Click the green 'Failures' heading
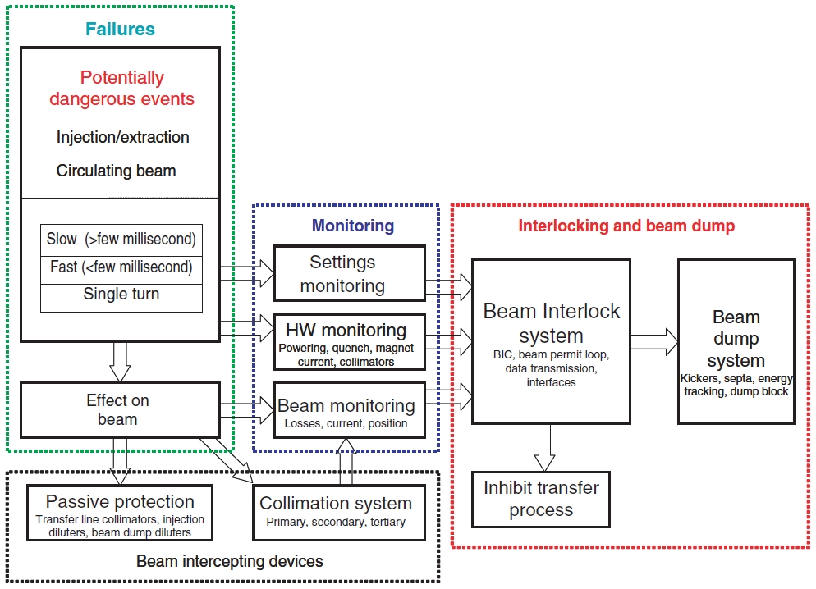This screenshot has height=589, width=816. coord(120,30)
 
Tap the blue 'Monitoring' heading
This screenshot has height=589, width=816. coord(352,225)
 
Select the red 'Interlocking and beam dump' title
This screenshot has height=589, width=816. coord(626,225)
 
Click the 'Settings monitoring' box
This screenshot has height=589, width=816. coord(349,274)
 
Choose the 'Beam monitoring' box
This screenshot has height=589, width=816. coord(349,410)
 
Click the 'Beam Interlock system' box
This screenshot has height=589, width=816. coord(551,341)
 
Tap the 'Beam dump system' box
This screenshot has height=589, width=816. coord(736,341)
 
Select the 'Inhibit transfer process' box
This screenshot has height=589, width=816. coord(540,499)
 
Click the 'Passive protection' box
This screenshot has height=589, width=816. coord(120,511)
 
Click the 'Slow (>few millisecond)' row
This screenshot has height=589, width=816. coord(121,240)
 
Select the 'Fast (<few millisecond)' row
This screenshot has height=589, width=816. coord(121,267)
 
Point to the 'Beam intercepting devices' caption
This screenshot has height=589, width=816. coord(230,562)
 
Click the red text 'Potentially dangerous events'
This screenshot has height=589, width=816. coord(121,89)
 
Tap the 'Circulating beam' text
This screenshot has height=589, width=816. coord(116,171)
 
